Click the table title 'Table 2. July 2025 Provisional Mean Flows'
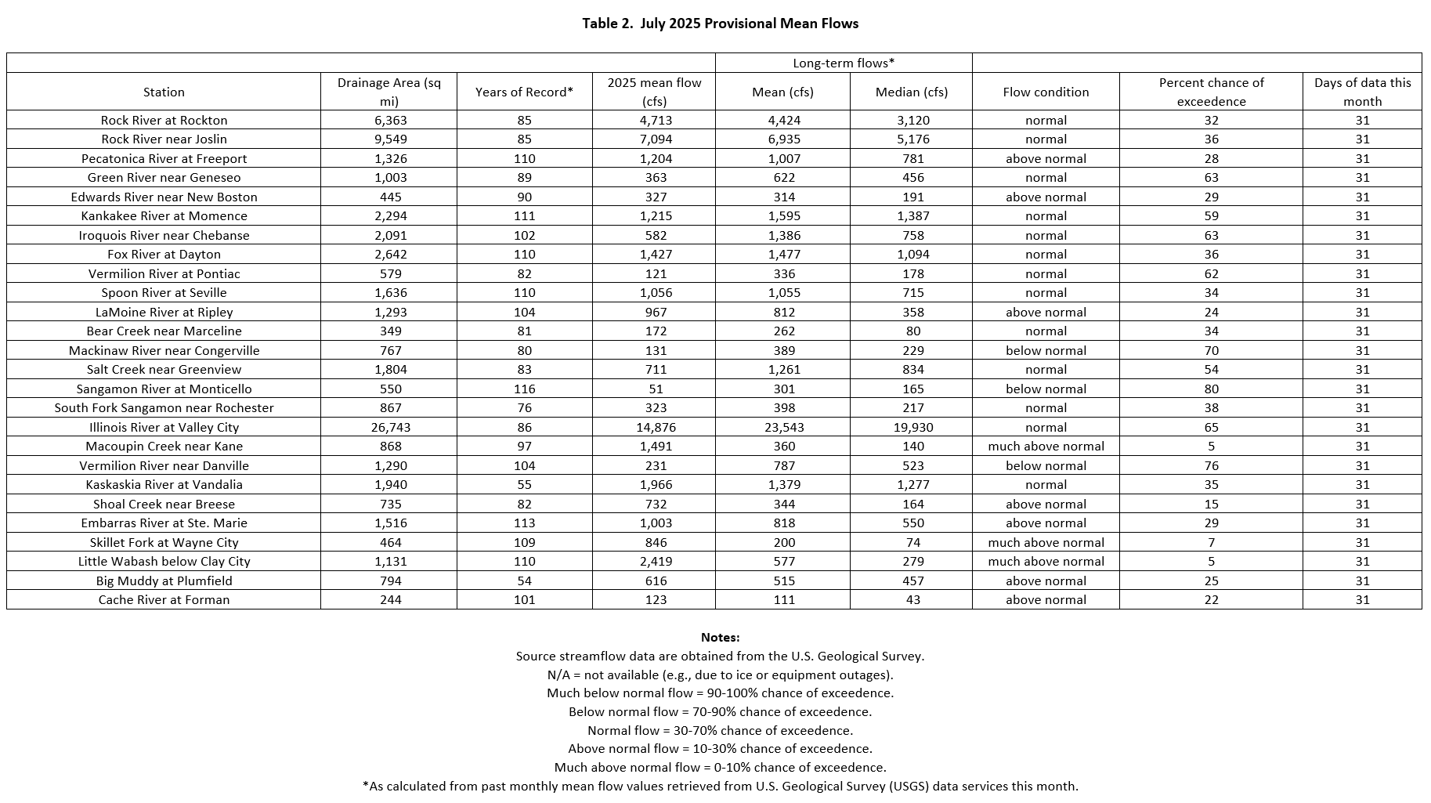(720, 24)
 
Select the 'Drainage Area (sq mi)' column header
(389, 92)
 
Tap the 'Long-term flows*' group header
(844, 63)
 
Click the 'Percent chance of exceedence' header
(1211, 92)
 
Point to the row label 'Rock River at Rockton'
(164, 121)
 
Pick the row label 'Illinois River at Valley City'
(164, 428)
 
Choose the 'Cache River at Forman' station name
(164, 600)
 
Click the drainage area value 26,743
(390, 428)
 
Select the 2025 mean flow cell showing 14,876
(656, 428)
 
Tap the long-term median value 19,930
(912, 428)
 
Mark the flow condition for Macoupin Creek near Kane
(1046, 447)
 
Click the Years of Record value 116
(524, 389)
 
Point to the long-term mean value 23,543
(783, 428)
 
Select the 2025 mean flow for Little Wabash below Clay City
(656, 562)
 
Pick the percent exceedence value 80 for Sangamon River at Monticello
(1211, 389)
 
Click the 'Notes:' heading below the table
(720, 638)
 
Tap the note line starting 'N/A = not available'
(720, 675)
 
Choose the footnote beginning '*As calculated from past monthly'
(720, 786)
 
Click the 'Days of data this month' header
(1362, 92)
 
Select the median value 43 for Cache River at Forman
(912, 600)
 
